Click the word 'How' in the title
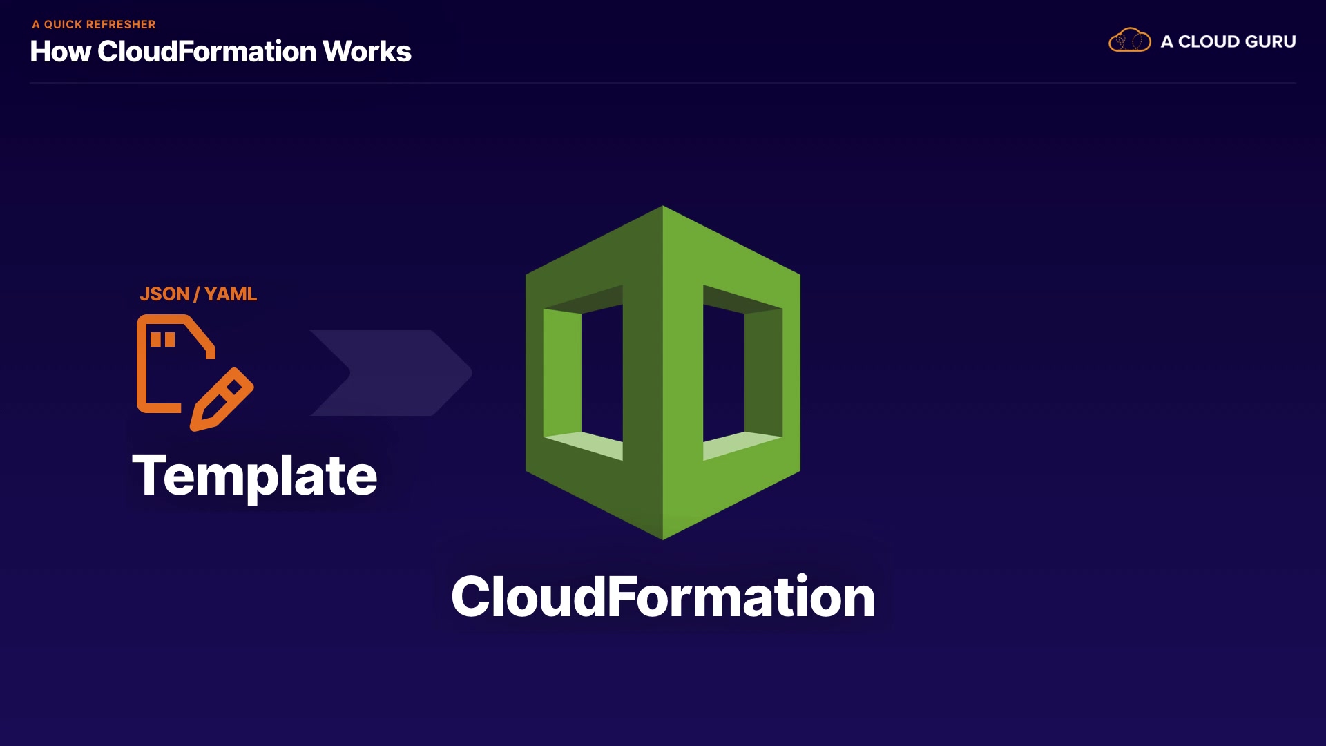pyautogui.click(x=60, y=52)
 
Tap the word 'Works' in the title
pyautogui.click(x=367, y=52)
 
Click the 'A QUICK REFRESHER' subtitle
pyautogui.click(x=94, y=24)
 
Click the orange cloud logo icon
pyautogui.click(x=1129, y=40)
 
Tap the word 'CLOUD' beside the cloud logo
pyautogui.click(x=1209, y=41)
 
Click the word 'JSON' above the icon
pyautogui.click(x=164, y=294)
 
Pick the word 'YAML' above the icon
pyautogui.click(x=231, y=294)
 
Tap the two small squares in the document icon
pyautogui.click(x=163, y=339)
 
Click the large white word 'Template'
pyautogui.click(x=254, y=475)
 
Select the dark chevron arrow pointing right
pyautogui.click(x=391, y=373)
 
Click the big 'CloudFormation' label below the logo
pyautogui.click(x=663, y=597)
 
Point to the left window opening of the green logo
pyautogui.click(x=602, y=373)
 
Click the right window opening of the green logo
pyautogui.click(x=724, y=373)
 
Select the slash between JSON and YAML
pyautogui.click(x=197, y=294)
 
